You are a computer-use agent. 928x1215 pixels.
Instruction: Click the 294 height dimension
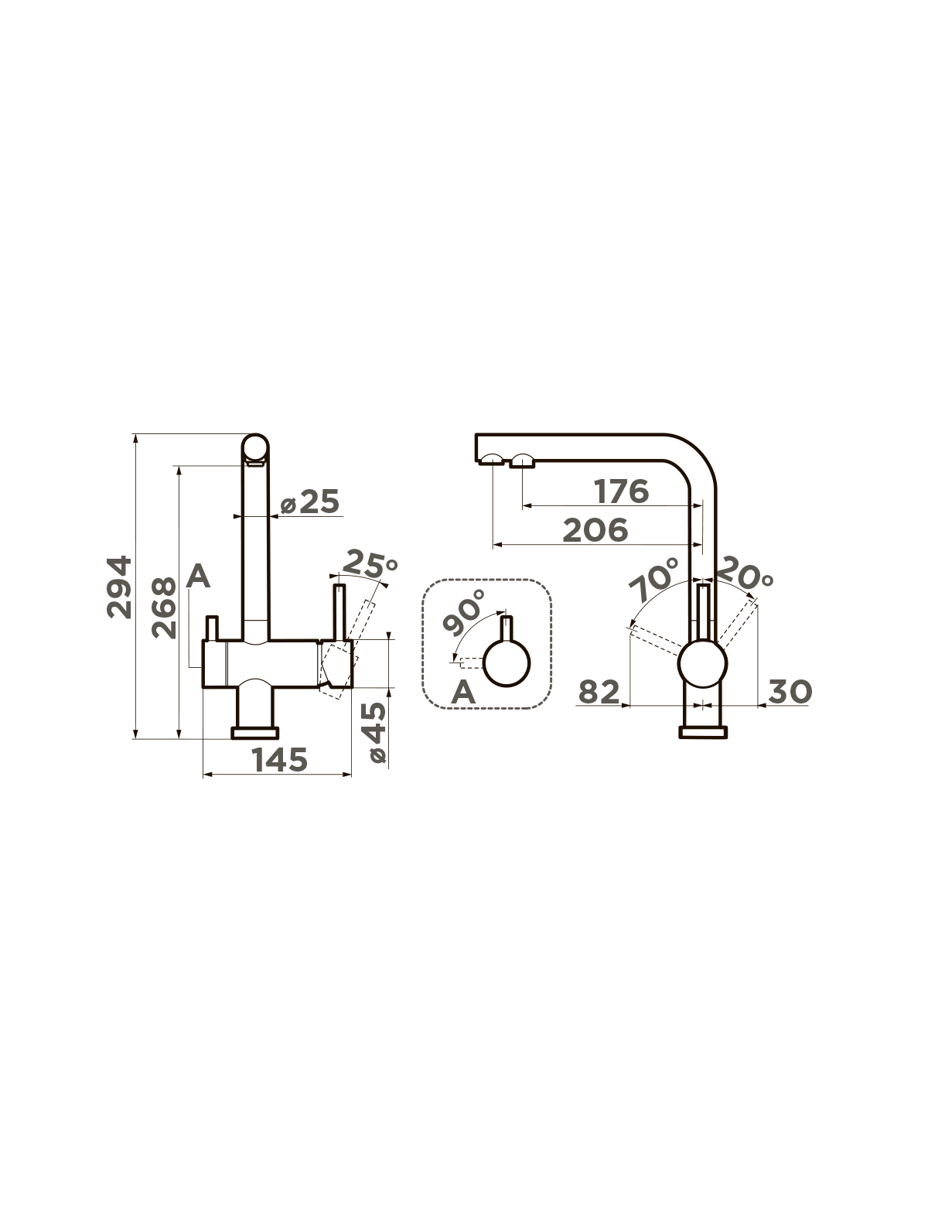pos(119,587)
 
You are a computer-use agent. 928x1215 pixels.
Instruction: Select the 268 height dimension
pos(164,607)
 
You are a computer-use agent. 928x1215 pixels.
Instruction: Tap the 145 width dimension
pos(280,759)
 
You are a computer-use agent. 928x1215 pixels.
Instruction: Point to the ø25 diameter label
pos(309,502)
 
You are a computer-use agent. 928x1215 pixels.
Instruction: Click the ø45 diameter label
pos(377,732)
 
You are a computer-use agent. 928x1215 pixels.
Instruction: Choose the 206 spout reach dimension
pos(595,530)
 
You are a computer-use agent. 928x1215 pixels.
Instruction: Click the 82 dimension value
pos(599,692)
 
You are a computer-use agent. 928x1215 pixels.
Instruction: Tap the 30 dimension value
pos(790,692)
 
